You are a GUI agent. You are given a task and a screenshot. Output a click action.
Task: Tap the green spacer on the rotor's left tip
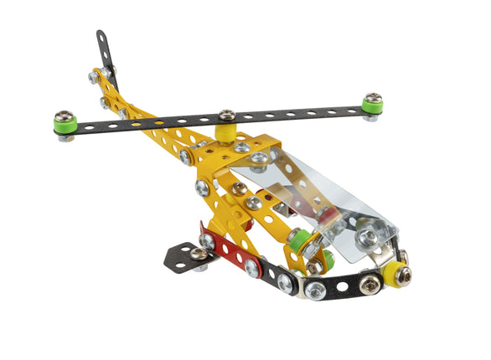[65, 126]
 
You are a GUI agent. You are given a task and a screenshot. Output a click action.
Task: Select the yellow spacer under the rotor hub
[225, 131]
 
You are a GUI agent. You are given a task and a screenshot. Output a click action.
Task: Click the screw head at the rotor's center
[226, 115]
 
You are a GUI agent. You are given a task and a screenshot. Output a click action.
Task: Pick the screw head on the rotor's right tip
[372, 99]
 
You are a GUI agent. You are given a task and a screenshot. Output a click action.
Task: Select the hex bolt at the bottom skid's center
[316, 290]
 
